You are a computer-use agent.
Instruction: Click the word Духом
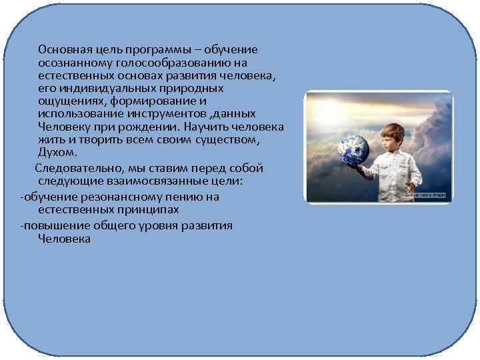(x=58, y=153)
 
